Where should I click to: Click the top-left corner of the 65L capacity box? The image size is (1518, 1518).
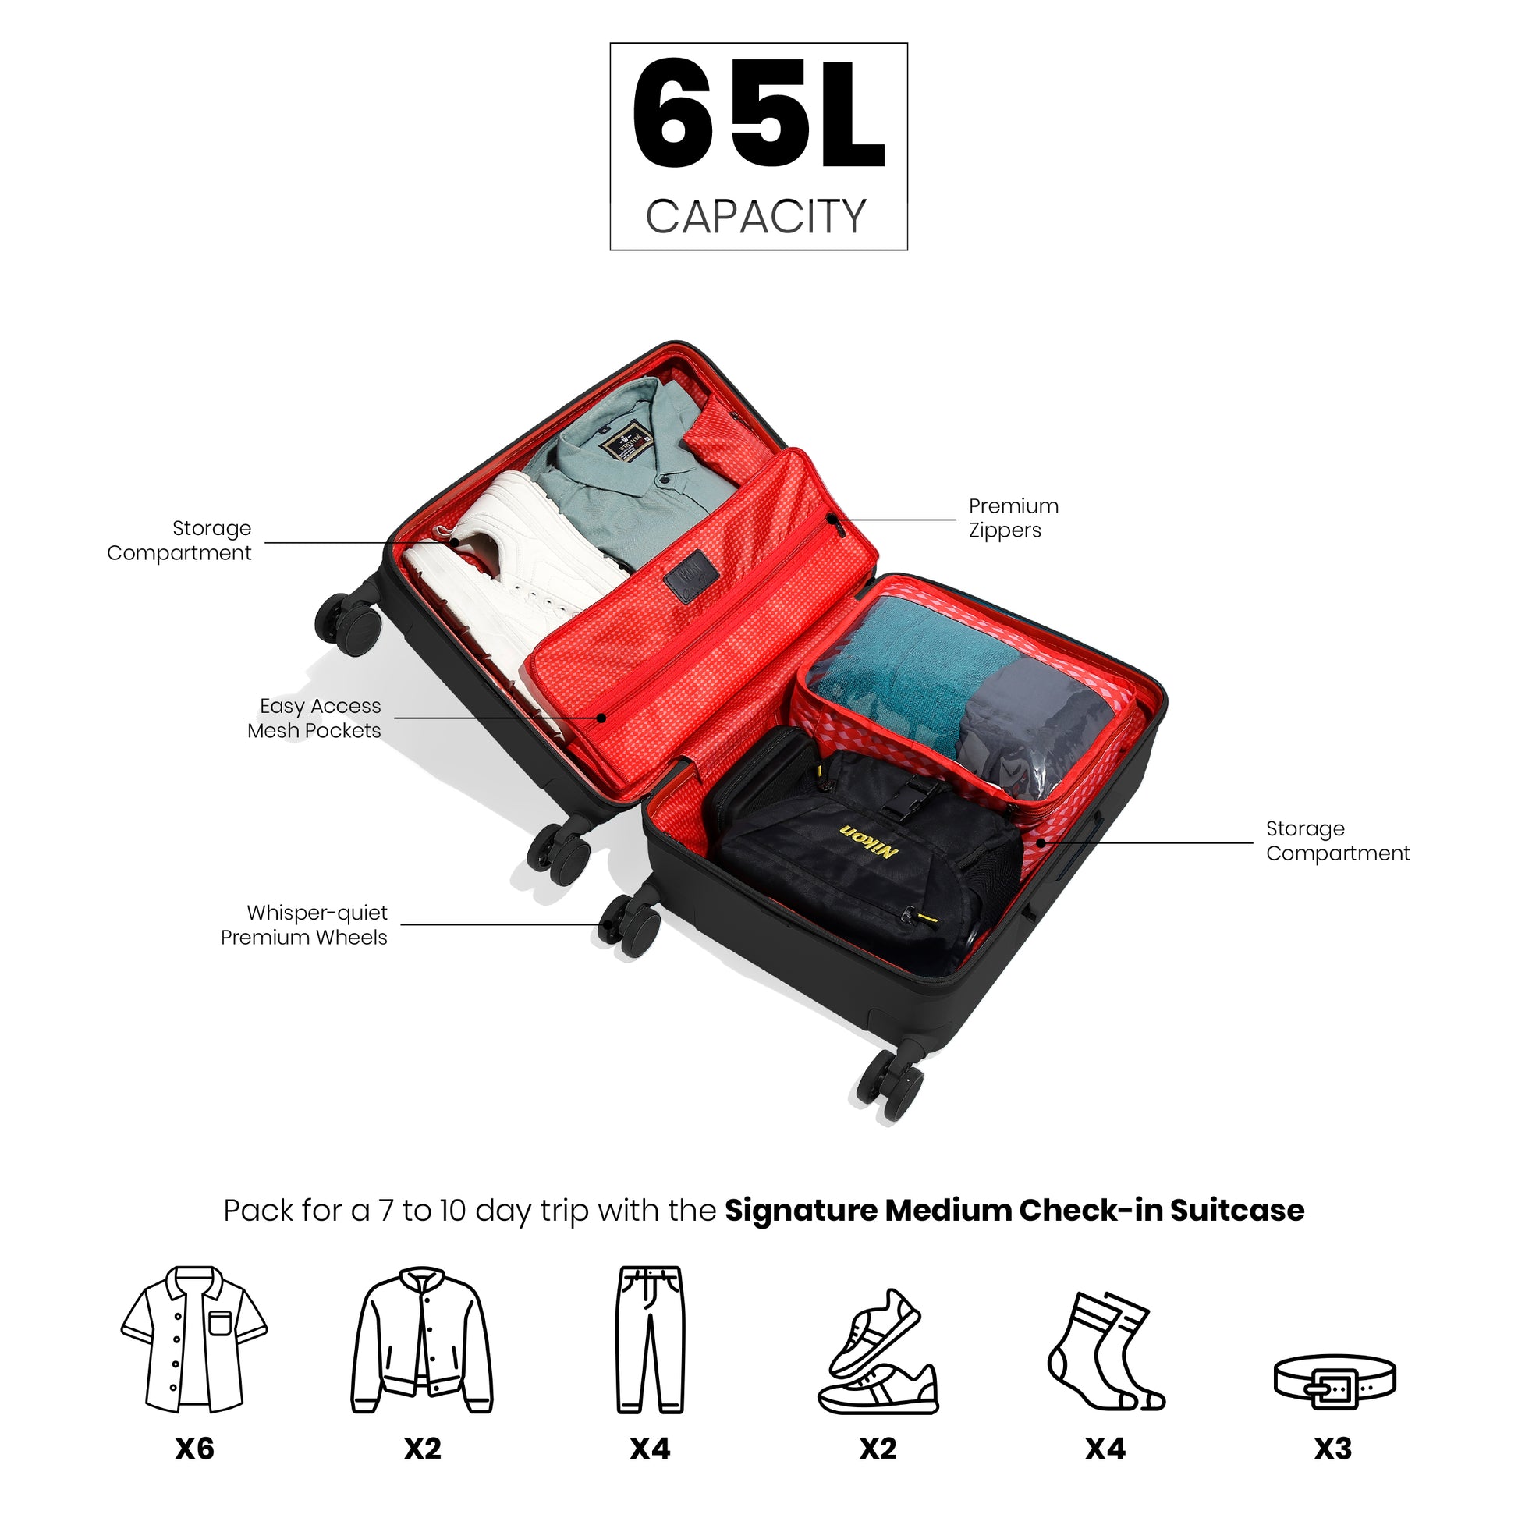click(611, 43)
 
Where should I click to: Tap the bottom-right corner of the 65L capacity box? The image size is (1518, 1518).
click(907, 250)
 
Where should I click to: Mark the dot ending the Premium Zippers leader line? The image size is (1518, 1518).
click(832, 520)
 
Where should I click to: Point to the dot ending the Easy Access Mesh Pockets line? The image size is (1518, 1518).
click(601, 718)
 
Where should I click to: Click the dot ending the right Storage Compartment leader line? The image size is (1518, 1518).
click(1041, 843)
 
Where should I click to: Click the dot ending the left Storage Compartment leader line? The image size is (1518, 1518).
click(454, 542)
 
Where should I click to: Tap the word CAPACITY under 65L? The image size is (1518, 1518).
click(756, 216)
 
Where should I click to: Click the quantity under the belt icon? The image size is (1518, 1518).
click(1333, 1448)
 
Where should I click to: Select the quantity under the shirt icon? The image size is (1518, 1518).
click(195, 1448)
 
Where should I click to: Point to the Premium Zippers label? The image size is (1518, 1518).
click(1013, 518)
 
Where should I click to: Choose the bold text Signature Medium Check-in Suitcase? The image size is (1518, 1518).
click(1014, 1211)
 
